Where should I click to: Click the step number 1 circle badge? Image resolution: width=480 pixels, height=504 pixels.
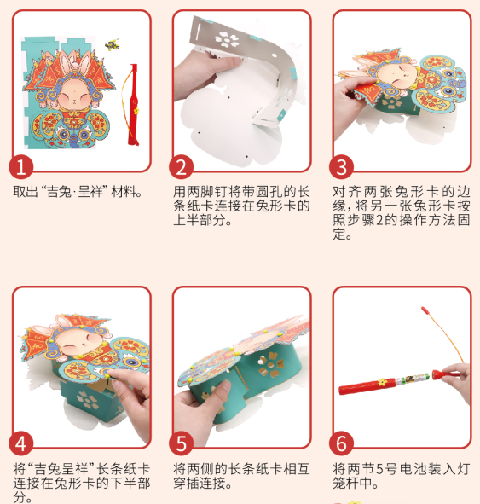pos(21,166)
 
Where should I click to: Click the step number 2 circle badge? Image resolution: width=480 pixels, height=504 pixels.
pos(182,166)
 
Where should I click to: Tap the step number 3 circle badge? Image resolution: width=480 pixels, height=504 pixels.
pos(342,166)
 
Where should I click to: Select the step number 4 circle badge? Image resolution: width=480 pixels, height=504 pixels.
pos(21,443)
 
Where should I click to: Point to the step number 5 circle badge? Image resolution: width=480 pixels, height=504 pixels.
pos(182,443)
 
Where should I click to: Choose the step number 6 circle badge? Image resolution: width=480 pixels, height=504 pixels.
pos(342,443)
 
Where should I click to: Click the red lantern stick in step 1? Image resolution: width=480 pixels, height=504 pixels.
pos(132,107)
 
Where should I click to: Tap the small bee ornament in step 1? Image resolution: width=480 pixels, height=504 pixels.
pos(111,43)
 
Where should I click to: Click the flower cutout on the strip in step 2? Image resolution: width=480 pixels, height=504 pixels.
pos(227,38)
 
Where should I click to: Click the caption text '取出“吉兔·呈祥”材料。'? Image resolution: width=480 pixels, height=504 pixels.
pos(78,192)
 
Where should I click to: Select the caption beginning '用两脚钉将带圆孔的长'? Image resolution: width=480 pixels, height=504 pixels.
pos(240,206)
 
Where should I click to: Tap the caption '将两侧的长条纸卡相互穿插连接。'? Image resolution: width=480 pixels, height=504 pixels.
pos(240,476)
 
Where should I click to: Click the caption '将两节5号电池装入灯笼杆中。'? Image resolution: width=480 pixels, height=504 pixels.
pos(401,476)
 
